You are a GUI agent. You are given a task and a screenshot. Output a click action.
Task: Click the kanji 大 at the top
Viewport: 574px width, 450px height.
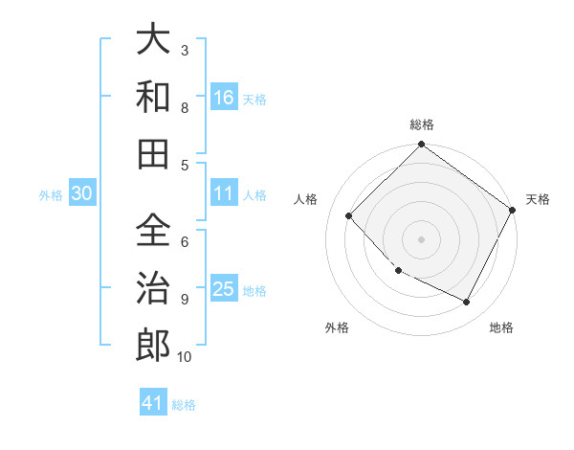click(x=153, y=41)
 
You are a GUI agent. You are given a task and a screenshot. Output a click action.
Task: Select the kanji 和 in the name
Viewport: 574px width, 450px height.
click(x=153, y=96)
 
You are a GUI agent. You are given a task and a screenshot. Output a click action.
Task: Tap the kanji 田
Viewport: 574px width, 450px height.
click(x=153, y=152)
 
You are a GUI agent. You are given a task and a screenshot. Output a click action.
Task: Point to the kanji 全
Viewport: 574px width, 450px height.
click(x=153, y=231)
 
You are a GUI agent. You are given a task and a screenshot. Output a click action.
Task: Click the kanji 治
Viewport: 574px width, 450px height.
click(x=153, y=287)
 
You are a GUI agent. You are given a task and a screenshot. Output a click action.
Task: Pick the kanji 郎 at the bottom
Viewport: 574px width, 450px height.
click(x=153, y=345)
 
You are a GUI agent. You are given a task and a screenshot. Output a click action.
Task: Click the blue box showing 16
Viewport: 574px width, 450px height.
click(x=223, y=97)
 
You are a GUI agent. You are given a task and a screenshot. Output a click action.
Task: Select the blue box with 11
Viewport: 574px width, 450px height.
click(x=223, y=193)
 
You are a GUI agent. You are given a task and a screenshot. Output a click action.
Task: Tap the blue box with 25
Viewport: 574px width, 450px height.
click(x=223, y=289)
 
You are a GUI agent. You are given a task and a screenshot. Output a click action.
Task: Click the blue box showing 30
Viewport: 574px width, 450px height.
click(x=81, y=193)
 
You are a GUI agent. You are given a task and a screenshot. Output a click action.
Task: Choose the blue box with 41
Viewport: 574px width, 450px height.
click(x=153, y=403)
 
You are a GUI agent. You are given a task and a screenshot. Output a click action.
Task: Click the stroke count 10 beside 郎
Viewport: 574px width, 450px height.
click(x=184, y=357)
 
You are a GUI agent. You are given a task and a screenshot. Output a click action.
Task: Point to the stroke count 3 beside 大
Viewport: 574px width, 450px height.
click(x=185, y=50)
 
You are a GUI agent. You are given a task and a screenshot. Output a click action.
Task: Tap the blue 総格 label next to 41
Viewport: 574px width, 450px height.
click(x=184, y=405)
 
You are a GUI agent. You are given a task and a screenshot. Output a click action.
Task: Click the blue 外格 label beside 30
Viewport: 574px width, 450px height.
click(x=51, y=195)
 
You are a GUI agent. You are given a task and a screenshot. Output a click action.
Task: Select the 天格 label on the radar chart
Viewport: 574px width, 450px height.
click(x=538, y=199)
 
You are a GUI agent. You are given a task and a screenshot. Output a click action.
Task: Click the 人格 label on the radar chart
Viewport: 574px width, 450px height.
click(x=306, y=199)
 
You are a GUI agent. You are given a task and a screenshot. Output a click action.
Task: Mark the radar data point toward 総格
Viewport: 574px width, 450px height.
click(x=421, y=146)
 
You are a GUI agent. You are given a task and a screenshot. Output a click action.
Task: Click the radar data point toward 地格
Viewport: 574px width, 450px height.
click(x=467, y=303)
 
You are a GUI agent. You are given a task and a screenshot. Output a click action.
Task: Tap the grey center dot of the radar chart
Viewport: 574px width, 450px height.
click(x=421, y=239)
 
